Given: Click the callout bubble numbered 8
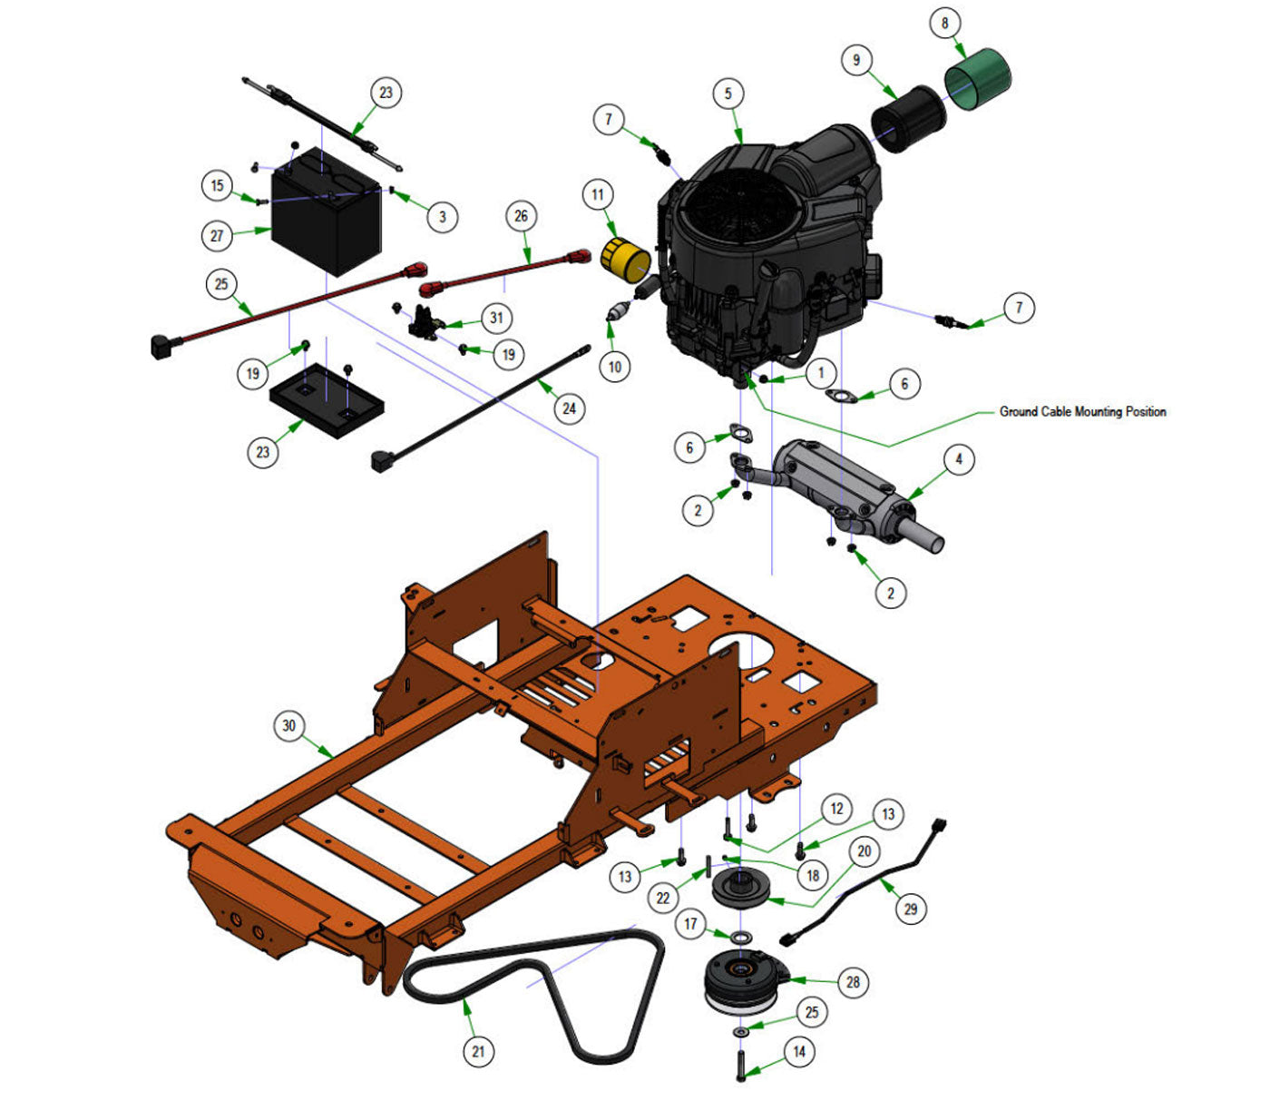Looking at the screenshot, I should pos(945,23).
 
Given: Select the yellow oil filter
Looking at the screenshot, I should pos(625,260).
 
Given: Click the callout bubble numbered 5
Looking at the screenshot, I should pos(728,93).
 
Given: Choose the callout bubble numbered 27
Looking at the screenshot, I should pos(217,236).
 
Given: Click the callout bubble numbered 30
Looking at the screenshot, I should pos(288,725).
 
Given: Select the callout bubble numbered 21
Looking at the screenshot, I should pos(478,1051).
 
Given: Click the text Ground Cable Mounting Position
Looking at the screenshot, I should pos(1082,411).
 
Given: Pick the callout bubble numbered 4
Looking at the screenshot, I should pos(959,459).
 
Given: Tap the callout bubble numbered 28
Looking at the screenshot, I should pos(853,981).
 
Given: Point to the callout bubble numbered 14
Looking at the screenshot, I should pos(799,1052).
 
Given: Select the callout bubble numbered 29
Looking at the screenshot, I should pos(911,909).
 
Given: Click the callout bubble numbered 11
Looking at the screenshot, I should pos(597,194).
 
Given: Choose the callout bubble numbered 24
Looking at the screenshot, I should pos(569,408).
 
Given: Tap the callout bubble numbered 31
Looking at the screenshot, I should pos(496,318).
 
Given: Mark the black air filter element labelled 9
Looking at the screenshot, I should pos(907,118).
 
